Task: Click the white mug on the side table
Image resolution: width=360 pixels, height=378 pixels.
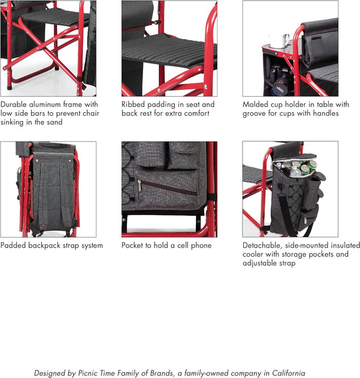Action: (x=280, y=41)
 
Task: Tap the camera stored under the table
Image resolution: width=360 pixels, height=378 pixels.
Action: (x=281, y=79)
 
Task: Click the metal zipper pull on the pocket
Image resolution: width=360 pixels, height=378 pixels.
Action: (x=139, y=186)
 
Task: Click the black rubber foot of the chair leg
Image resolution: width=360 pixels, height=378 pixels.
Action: (x=9, y=87)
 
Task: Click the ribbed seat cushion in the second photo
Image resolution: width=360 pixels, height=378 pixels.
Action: (x=169, y=51)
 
